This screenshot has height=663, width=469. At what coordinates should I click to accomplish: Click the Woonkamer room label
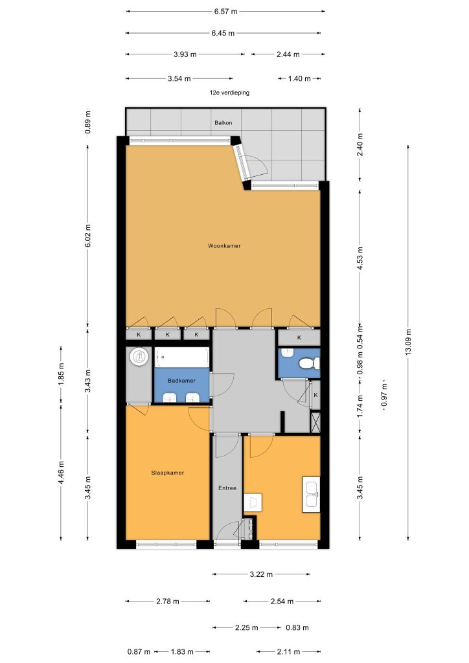tap(224, 245)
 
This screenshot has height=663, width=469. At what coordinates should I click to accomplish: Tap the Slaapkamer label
tap(168, 473)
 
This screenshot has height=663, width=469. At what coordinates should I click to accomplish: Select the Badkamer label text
tap(181, 381)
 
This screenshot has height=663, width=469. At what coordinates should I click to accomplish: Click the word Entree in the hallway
tap(227, 488)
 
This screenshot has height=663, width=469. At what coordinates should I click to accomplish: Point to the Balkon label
tap(223, 122)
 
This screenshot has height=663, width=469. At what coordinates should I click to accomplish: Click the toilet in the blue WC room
tap(309, 363)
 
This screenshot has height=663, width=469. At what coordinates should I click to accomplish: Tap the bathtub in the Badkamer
tap(182, 357)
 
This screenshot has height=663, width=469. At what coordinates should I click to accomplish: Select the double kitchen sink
tap(311, 495)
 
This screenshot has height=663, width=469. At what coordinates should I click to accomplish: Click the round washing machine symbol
tap(139, 357)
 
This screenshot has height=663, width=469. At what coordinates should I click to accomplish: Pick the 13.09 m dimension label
tap(409, 342)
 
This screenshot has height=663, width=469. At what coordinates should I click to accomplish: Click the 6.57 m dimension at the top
tap(225, 12)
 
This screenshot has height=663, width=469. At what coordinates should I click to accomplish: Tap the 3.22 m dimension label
tap(261, 574)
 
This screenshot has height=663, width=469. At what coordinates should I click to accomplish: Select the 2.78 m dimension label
tap(168, 601)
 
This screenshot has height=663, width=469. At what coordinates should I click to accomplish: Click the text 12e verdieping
tap(229, 93)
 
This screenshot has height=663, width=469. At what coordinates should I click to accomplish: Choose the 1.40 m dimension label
tap(299, 78)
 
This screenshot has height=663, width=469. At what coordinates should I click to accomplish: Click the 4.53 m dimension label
tap(360, 259)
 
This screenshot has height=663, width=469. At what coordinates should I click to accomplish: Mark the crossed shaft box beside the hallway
tap(315, 422)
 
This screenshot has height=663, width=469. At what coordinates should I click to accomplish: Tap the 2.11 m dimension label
tap(288, 651)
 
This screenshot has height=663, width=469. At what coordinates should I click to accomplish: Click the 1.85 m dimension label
tap(61, 374)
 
